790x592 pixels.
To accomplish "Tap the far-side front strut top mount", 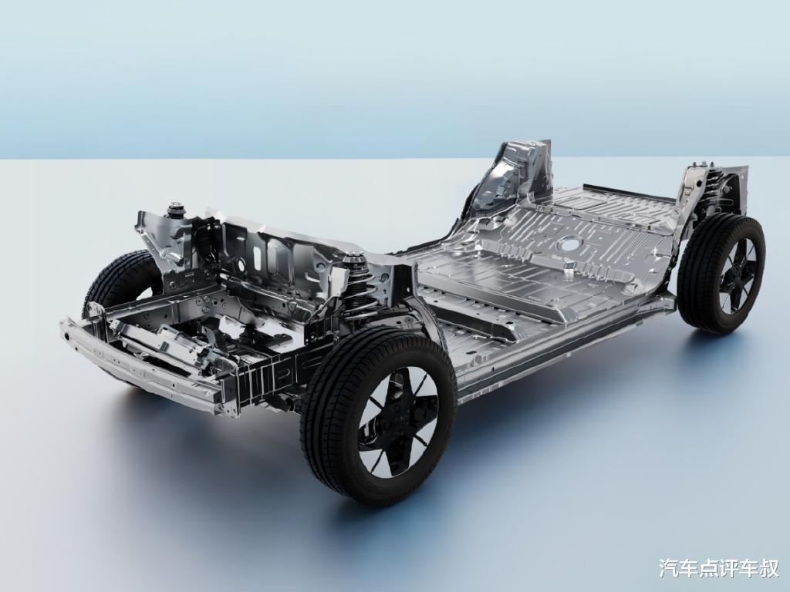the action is (x=176, y=208).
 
